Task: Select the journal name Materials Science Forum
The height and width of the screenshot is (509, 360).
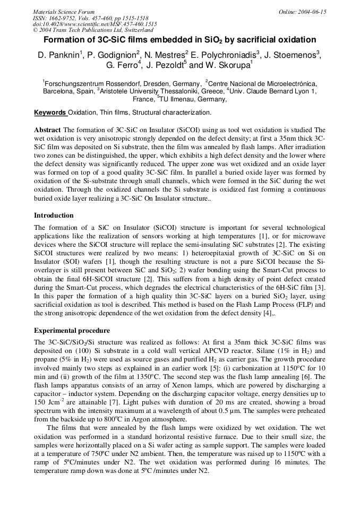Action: (x=64, y=12)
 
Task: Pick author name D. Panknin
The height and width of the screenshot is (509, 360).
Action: (x=58, y=55)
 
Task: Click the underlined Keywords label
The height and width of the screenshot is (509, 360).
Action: (x=50, y=113)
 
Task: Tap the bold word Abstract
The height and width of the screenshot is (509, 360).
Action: (x=47, y=130)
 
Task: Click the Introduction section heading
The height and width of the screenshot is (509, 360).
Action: (x=54, y=215)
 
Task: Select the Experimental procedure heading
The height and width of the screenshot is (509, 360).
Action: (x=72, y=331)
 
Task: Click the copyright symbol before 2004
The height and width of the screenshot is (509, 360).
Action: (x=35, y=30)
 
